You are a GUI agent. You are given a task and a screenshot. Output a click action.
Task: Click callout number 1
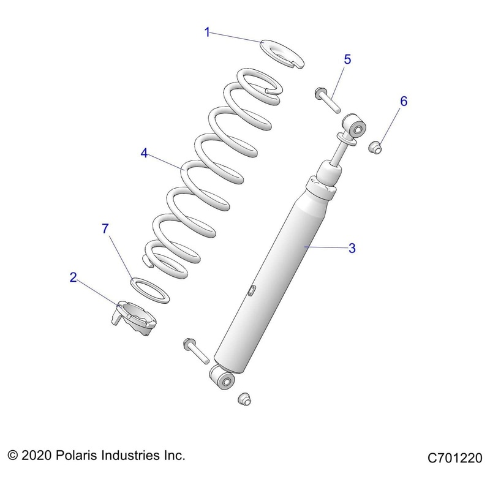click(207, 32)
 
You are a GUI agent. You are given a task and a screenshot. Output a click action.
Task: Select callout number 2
click(73, 277)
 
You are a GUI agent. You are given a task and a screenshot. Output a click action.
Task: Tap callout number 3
click(352, 248)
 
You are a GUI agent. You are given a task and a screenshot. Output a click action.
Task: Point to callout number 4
click(144, 153)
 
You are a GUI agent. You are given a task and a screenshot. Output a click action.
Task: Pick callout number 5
click(347, 59)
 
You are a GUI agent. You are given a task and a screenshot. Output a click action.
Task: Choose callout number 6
click(404, 101)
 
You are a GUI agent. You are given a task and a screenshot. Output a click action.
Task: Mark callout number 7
click(105, 228)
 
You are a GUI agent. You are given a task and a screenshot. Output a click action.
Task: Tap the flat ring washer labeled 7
click(149, 290)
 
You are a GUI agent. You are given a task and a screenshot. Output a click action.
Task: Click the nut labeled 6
click(375, 148)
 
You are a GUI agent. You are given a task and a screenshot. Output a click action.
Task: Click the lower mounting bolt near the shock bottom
click(196, 350)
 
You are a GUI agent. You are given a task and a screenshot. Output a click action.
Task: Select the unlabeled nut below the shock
click(244, 399)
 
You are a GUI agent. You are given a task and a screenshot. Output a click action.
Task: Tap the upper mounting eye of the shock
click(355, 125)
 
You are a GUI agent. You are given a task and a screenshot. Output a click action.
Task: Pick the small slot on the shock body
click(252, 290)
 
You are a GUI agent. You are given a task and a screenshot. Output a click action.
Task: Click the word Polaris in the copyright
click(77, 455)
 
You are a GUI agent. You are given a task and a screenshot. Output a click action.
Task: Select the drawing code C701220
click(455, 458)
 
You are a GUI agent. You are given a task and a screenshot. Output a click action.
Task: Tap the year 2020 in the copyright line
click(36, 455)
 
